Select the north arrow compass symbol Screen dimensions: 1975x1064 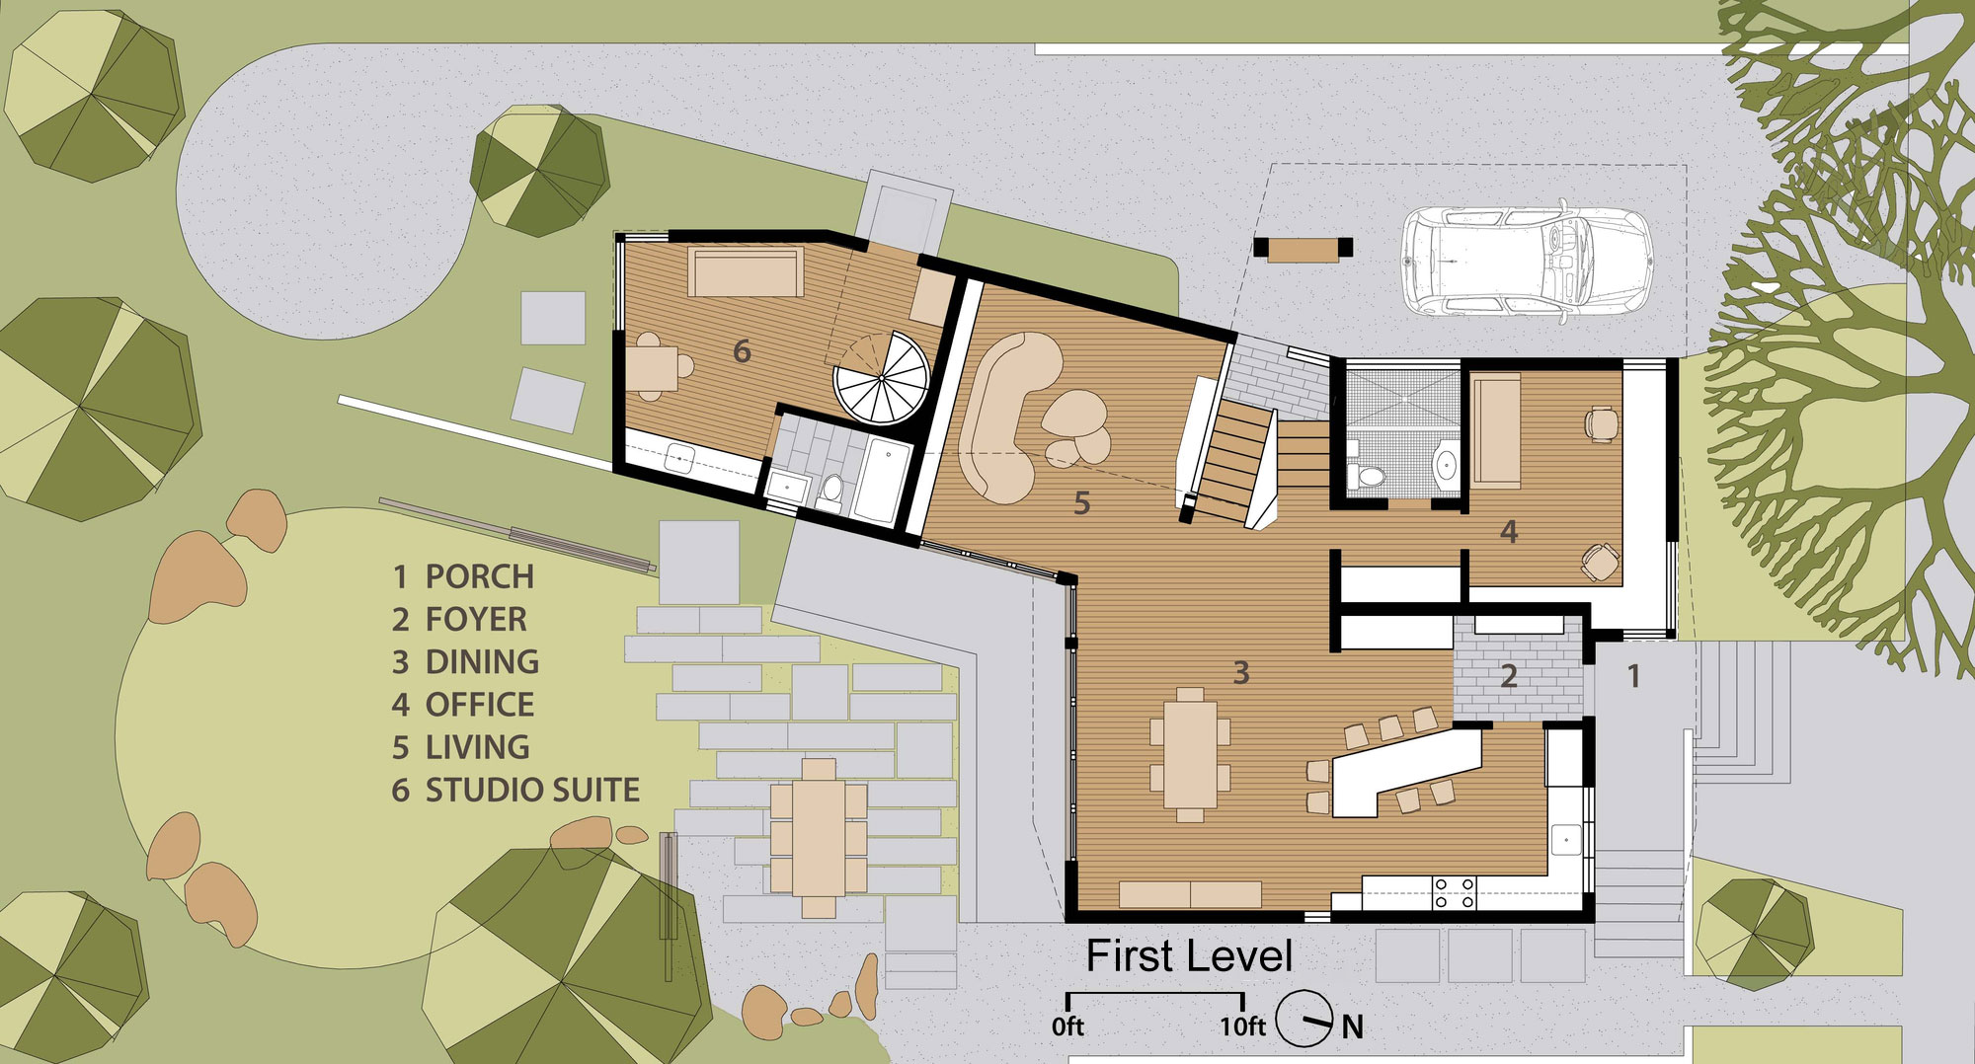pos(1305,1019)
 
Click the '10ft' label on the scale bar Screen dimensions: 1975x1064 pos(1242,1027)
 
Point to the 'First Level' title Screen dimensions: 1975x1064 pos(1189,955)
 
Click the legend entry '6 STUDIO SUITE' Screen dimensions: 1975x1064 pos(515,790)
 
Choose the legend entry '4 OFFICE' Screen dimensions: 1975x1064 pos(463,705)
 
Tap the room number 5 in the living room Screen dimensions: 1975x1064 pos(1082,503)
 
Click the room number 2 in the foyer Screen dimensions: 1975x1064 pos(1509,676)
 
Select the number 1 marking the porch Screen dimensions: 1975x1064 pos(1634,676)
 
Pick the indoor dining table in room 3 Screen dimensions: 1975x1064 pos(1190,755)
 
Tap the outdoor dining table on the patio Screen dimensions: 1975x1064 pos(819,838)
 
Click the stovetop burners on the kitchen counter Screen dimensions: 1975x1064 pos(1454,892)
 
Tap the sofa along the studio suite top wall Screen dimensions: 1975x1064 pos(745,272)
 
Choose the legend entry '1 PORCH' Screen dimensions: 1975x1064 pos(463,576)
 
